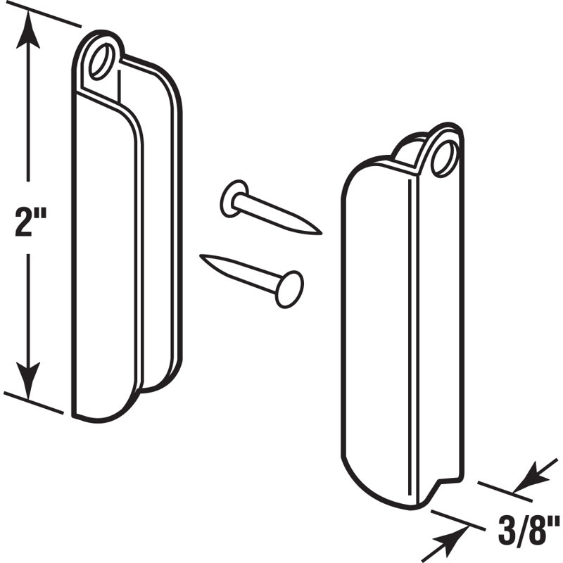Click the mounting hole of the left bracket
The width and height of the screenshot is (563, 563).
pyautogui.click(x=102, y=59)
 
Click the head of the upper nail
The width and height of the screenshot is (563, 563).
pyautogui.click(x=234, y=198)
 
